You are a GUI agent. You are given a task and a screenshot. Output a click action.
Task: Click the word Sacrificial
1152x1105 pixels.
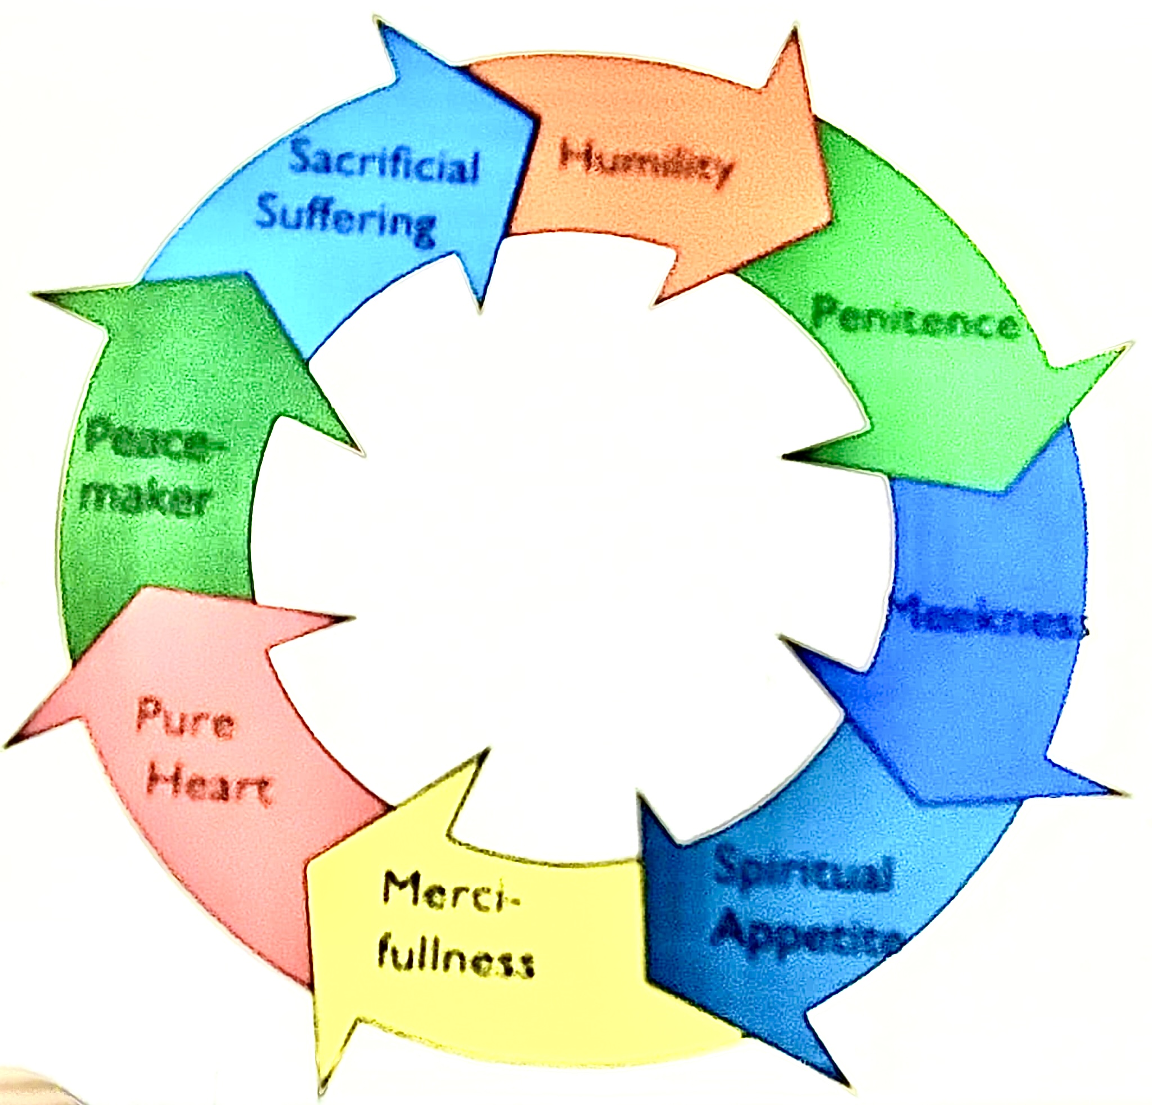[384, 160]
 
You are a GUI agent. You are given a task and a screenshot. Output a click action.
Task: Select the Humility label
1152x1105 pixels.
[646, 161]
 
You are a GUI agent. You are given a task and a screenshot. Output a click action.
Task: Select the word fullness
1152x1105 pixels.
[456, 962]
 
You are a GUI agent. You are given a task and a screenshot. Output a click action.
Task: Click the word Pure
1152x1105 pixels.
[185, 720]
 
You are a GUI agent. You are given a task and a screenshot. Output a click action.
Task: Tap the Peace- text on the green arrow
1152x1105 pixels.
[154, 438]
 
